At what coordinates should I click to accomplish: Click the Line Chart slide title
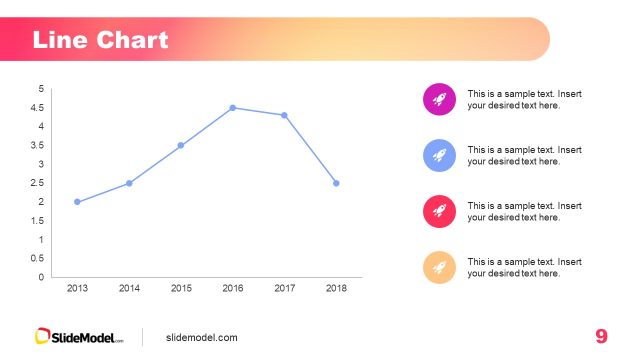pyautogui.click(x=100, y=40)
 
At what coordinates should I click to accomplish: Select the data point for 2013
pyautogui.click(x=77, y=202)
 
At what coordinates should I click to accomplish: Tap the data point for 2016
pyautogui.click(x=233, y=108)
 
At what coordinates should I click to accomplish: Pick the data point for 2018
pyautogui.click(x=336, y=183)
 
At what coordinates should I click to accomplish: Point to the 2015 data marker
pyautogui.click(x=181, y=145)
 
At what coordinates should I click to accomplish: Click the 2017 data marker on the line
pyautogui.click(x=284, y=115)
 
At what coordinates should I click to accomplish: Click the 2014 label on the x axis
pyautogui.click(x=129, y=288)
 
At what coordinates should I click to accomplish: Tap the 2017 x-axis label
pyautogui.click(x=284, y=288)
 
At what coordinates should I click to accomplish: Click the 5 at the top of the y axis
pyautogui.click(x=41, y=89)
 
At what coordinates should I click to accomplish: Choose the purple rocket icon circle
pyautogui.click(x=440, y=98)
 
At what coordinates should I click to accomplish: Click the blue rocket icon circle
pyautogui.click(x=440, y=155)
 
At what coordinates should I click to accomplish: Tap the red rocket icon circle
pyautogui.click(x=440, y=211)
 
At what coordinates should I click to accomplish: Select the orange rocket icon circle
pyautogui.click(x=440, y=267)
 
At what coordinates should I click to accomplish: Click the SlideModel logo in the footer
pyautogui.click(x=80, y=337)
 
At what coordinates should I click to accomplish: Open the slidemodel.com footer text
pyautogui.click(x=202, y=337)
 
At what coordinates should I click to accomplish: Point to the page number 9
pyautogui.click(x=601, y=336)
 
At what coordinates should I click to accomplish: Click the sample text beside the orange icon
pyautogui.click(x=524, y=267)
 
